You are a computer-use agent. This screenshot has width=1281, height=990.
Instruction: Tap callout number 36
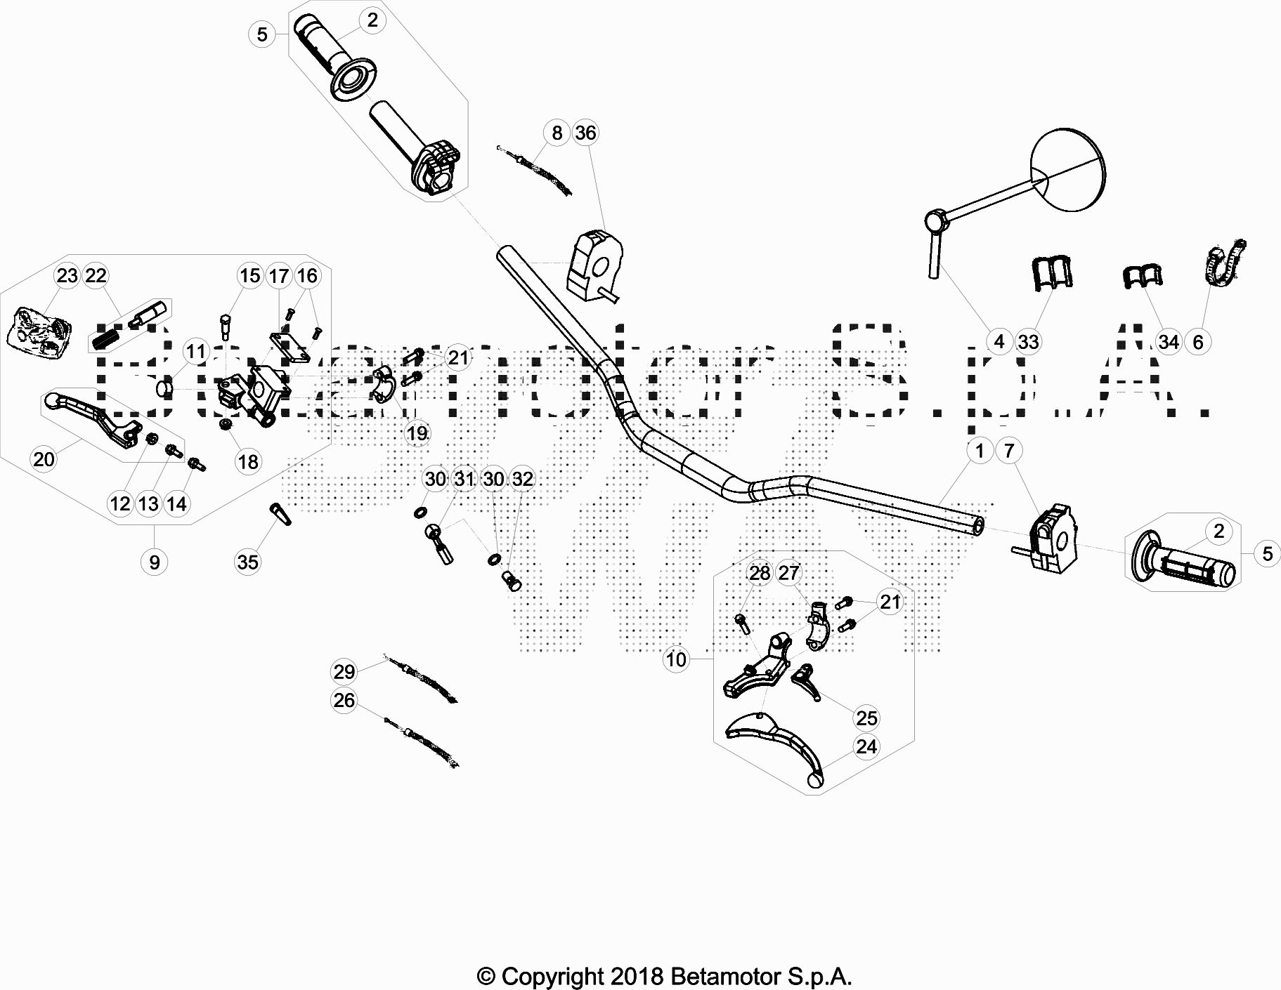585,133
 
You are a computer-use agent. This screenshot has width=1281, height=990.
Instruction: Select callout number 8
557,133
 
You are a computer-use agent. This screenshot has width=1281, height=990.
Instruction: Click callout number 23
67,276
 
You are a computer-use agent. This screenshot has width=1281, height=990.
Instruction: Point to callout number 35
248,562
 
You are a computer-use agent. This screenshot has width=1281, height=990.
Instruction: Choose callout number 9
154,562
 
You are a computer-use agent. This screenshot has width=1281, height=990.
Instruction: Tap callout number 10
676,659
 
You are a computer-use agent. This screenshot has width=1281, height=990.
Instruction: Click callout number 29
344,672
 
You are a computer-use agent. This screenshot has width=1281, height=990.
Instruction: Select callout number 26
344,701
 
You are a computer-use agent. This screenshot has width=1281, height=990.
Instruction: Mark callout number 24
866,746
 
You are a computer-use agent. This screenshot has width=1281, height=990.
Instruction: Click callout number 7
1009,450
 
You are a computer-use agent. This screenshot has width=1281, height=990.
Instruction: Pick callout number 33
1028,342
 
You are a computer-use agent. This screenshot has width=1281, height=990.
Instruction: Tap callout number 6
1198,342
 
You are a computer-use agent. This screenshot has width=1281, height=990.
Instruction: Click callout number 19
417,433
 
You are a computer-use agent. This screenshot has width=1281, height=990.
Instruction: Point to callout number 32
522,479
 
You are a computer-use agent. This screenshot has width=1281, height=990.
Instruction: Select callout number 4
999,342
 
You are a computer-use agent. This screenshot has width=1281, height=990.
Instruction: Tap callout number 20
44,459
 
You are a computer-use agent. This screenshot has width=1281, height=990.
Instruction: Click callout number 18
248,461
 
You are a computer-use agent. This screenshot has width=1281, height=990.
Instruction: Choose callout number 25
866,718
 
